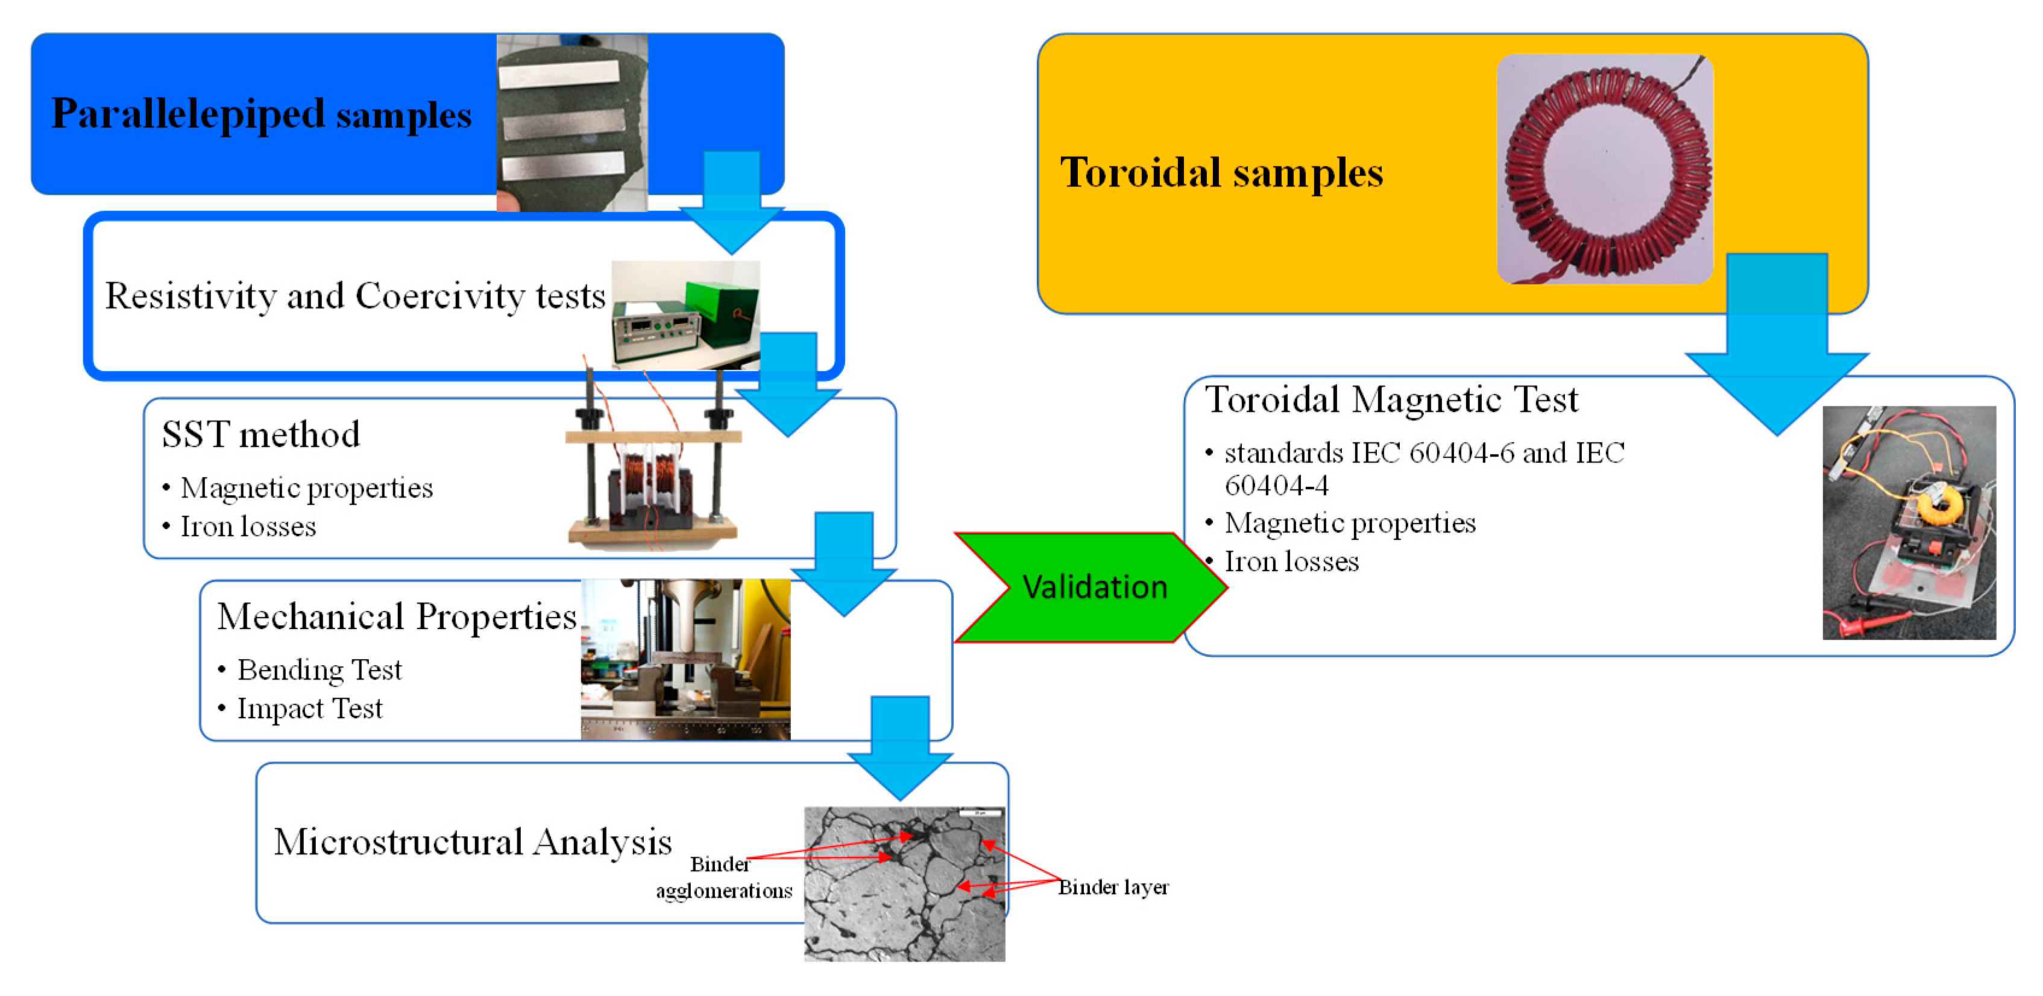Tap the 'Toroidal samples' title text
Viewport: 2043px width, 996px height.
[x=1221, y=172]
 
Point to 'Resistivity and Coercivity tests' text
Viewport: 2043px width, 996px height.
[x=354, y=296]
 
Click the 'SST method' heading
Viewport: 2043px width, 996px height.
[x=261, y=434]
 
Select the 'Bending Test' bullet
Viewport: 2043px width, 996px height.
[x=319, y=670]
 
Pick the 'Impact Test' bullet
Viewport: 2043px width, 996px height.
[x=309, y=708]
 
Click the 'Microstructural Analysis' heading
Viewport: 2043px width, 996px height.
[x=473, y=842]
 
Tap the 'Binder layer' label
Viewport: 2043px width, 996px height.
[x=1113, y=888]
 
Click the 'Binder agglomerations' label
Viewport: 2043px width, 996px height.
[x=723, y=878]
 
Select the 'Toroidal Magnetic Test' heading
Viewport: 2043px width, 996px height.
[x=1391, y=399]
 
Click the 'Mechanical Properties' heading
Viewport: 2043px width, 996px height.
[x=397, y=617]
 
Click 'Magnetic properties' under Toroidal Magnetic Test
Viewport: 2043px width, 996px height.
[x=1350, y=524]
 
